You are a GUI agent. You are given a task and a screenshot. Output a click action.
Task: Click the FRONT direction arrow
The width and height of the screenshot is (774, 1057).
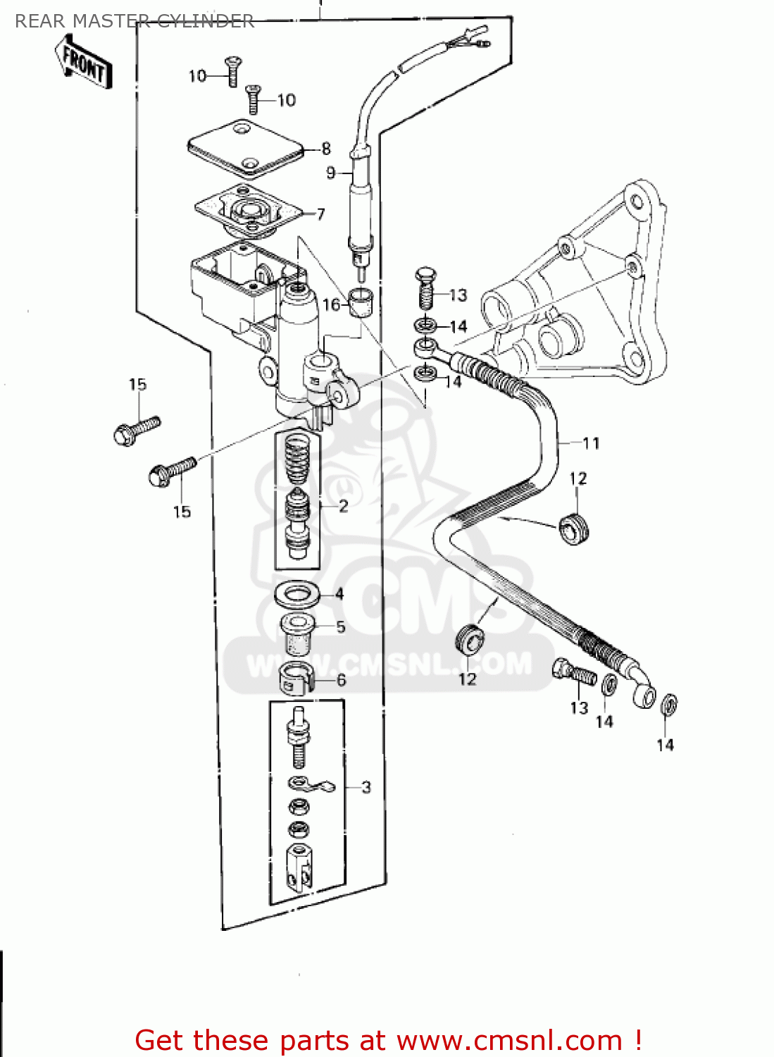pos(83,62)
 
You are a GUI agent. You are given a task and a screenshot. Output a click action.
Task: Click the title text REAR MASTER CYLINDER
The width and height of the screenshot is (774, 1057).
pos(134,21)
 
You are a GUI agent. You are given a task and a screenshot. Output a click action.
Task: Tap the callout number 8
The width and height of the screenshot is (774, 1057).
pos(326,149)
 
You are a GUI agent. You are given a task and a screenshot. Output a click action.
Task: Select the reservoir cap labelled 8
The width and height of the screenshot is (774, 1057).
pos(244,148)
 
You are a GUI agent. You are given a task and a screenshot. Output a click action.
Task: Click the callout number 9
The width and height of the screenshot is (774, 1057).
pos(331,173)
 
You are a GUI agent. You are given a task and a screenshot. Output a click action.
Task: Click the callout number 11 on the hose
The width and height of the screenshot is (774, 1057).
pos(591,443)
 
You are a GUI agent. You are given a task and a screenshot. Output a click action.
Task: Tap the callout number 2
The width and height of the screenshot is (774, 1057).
pos(343,506)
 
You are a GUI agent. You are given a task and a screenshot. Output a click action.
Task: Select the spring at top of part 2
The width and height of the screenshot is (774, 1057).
pos(297,459)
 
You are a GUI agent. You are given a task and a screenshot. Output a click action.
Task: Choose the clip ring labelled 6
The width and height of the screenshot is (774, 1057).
pos(295,679)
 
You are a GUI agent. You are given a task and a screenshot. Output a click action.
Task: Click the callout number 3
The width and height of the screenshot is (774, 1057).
pos(366,787)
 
